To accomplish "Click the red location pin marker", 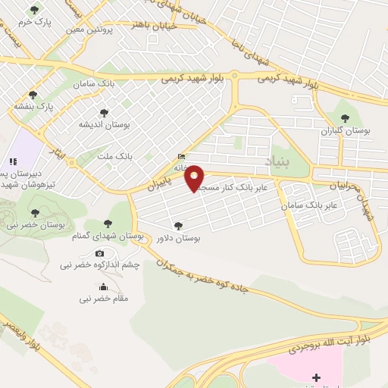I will [195, 178].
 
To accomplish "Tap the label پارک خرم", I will [36, 23].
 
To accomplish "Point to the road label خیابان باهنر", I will [156, 24].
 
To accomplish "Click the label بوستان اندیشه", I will [104, 124].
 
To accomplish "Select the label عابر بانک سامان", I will [308, 206].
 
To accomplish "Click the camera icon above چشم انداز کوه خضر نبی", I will [99, 253].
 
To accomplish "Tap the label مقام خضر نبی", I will [103, 299].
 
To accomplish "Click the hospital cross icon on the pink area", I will [316, 377].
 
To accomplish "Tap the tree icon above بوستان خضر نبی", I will [34, 212].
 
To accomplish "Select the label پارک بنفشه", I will [33, 107].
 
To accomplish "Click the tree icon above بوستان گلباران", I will [346, 117].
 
